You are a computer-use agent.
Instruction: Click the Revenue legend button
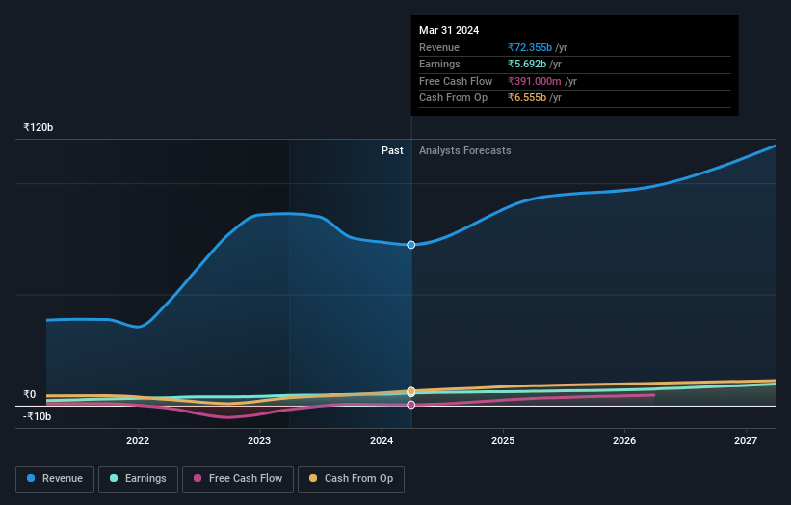55,479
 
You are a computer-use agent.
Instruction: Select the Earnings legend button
139,479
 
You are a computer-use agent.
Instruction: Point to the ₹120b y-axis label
39,127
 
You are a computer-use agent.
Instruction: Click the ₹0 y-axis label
30,394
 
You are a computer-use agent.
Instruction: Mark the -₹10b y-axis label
38,416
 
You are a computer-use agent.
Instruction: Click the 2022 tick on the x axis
138,441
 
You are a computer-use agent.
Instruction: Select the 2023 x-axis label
259,441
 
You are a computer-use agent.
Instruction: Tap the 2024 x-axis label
382,441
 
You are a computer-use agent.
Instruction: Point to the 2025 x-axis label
503,441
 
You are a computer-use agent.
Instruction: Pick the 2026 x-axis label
624,441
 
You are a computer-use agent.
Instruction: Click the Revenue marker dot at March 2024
411,245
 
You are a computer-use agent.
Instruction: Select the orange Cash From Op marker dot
411,391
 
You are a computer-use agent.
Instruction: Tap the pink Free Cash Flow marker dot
411,405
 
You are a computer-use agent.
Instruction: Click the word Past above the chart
392,150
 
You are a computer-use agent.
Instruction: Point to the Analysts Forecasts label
464,150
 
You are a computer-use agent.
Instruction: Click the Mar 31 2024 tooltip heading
449,31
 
